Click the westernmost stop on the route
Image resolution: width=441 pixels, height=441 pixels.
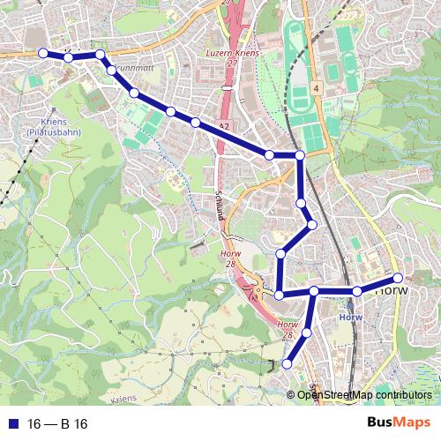[42, 53]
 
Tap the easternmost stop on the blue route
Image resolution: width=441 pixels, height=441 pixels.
[398, 278]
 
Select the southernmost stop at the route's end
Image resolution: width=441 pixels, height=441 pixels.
[287, 363]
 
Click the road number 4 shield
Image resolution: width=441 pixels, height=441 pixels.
[315, 89]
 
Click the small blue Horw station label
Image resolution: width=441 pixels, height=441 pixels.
[350, 318]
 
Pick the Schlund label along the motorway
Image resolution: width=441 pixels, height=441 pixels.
[219, 207]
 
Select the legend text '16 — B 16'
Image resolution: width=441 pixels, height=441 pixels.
[58, 422]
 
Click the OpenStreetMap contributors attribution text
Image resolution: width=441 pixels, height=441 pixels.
[364, 394]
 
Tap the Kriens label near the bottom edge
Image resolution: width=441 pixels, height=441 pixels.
[126, 400]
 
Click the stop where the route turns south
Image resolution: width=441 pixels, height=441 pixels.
[300, 155]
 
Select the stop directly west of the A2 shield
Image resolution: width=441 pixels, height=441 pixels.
[195, 123]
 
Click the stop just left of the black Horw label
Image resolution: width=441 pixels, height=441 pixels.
[357, 291]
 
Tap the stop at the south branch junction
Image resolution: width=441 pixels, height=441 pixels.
[314, 291]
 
